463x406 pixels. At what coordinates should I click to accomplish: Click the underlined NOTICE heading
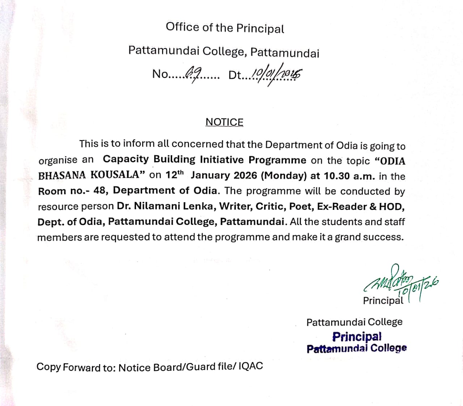[224, 122]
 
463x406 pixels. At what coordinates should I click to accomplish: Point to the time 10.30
[337, 176]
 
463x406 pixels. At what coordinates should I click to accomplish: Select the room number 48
[100, 191]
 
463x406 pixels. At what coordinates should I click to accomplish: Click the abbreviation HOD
[391, 207]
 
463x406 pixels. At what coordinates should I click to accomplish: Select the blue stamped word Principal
[357, 337]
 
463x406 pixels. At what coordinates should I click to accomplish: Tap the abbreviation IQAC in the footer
[250, 366]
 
